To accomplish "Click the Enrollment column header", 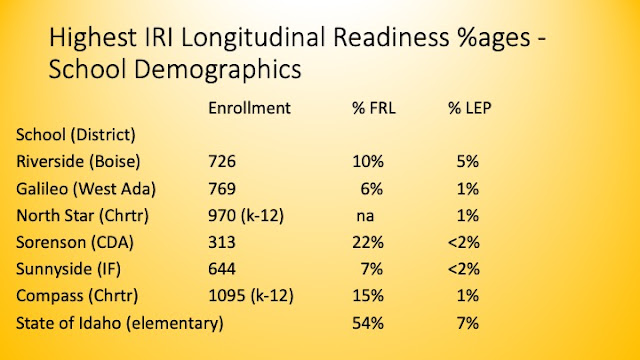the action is pos(249,108).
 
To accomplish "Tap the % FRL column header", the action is pos(374,108).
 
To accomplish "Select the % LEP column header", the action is pos(469,108).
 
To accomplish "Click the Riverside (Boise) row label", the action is pos(78,162).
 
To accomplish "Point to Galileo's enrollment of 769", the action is pos(222,189).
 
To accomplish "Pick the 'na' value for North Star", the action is pos(365,216).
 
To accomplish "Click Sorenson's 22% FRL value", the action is pos(368,242).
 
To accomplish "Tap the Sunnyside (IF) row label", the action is pos(69,269).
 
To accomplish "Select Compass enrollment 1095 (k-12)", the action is pos(251,296).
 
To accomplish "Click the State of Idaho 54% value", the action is pos(368,323).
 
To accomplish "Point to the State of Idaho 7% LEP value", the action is pos(468,323).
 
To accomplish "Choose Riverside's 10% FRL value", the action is pos(368,162).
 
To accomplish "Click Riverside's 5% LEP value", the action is pos(468,162).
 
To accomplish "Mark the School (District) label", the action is pos(76,135).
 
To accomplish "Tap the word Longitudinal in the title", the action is pos(254,38).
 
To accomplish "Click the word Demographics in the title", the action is pos(218,69).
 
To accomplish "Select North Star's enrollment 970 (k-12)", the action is pos(246,216).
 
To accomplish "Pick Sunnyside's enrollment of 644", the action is pos(222,269).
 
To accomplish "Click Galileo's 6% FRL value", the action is pos(371,189).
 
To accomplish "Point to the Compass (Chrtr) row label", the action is pos(77,296).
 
